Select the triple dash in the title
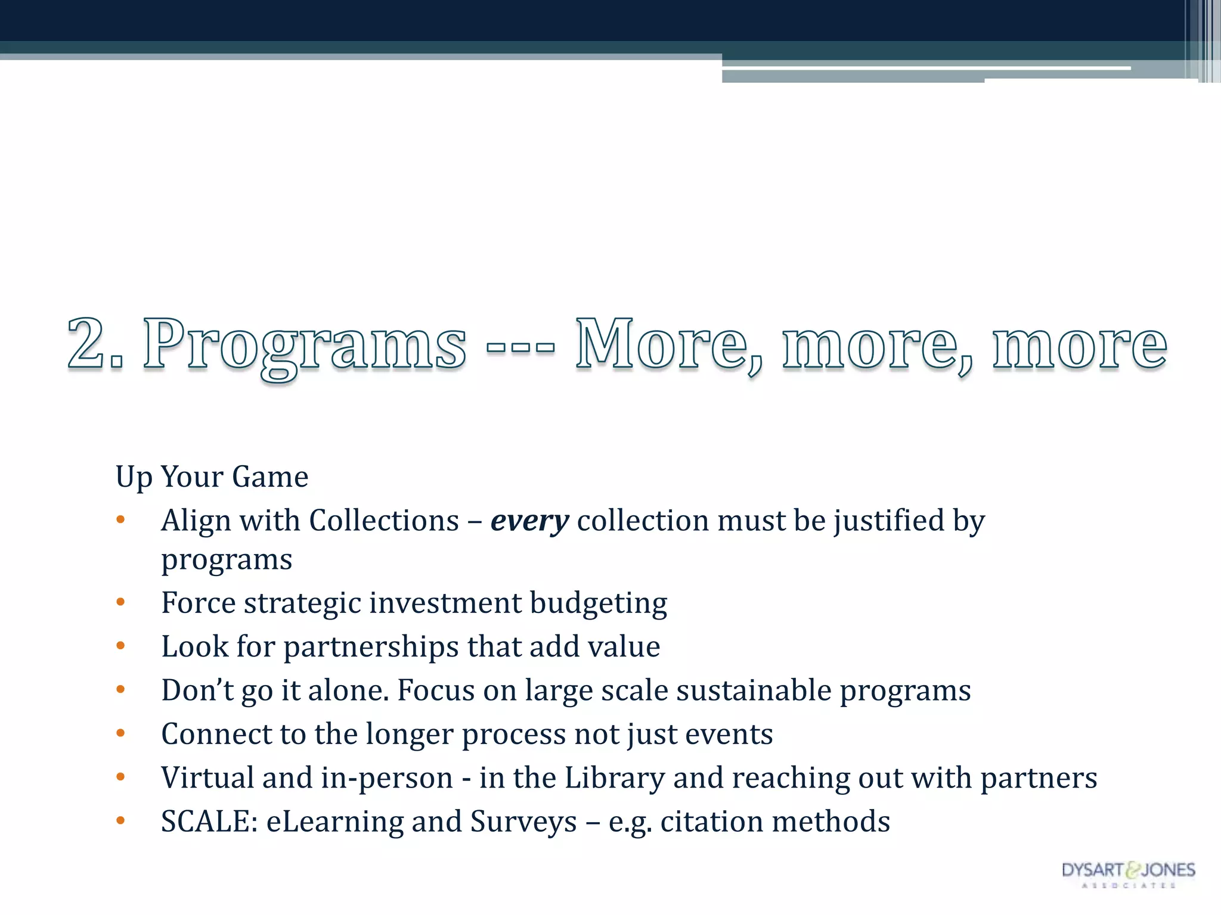pos(520,346)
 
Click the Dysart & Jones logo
pos(1128,873)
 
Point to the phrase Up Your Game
pos(212,477)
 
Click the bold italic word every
pos(529,522)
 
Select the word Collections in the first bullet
pos(384,521)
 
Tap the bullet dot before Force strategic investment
pos(120,602)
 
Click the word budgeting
pos(598,604)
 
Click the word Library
pos(614,778)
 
